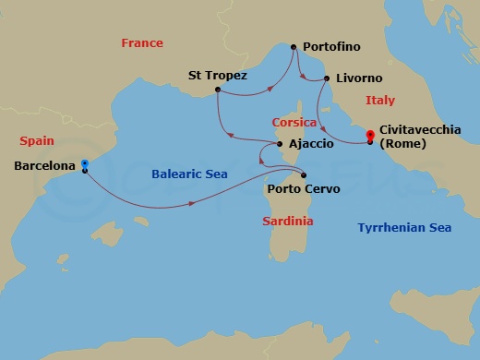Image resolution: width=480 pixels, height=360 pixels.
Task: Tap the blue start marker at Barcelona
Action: [84, 162]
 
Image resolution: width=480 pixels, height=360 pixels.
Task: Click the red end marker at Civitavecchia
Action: [370, 134]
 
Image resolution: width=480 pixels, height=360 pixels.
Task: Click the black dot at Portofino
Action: [293, 46]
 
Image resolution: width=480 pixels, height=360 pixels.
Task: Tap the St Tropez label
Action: [217, 75]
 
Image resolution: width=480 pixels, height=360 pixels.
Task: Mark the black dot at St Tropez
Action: [216, 90]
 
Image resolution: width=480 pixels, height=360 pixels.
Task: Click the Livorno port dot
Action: [328, 79]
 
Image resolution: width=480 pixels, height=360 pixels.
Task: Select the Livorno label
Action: [360, 80]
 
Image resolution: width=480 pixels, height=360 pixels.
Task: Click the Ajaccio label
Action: [313, 144]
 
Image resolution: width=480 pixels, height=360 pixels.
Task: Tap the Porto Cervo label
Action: [303, 189]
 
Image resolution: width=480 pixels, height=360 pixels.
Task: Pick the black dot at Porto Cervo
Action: [304, 175]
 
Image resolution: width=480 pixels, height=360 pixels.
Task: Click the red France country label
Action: [142, 42]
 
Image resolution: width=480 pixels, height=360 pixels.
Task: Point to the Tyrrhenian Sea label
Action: [404, 226]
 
